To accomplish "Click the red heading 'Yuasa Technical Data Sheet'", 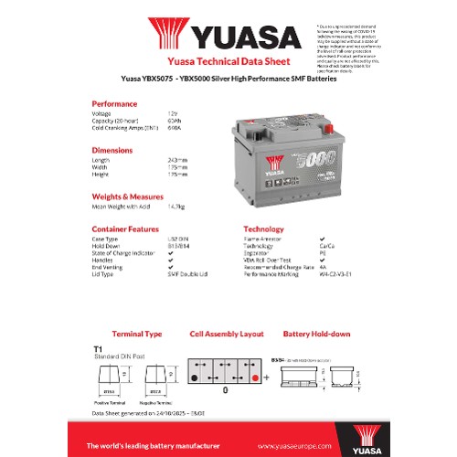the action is [x=228, y=63].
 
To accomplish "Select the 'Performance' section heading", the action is [x=115, y=103].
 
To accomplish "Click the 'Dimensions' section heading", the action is [x=112, y=149].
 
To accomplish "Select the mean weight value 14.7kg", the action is [x=176, y=206].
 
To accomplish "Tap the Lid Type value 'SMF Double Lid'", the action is [x=187, y=273].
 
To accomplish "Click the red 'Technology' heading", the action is [x=263, y=228].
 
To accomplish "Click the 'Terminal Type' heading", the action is [x=136, y=335].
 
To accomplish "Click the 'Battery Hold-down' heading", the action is [x=317, y=335].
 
